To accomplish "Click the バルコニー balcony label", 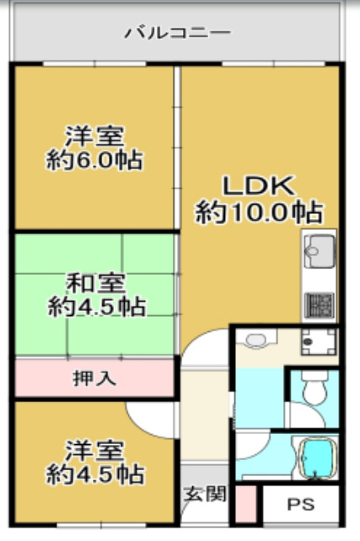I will [x=178, y=34].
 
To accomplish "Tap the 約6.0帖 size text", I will [x=94, y=160].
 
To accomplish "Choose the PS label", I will [x=300, y=506].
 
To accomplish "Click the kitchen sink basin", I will [x=319, y=250].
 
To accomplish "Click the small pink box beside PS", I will [x=244, y=503].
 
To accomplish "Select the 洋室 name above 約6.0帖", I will [x=94, y=135].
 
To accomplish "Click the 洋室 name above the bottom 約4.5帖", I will [x=94, y=448].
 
